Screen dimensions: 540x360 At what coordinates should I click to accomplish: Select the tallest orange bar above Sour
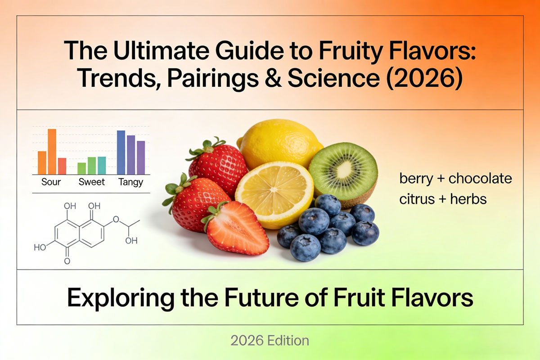click(52, 152)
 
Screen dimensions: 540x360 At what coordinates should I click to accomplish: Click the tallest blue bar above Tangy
click(121, 153)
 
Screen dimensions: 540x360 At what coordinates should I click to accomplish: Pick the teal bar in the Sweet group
click(102, 166)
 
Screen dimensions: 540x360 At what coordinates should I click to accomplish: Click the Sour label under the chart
click(51, 182)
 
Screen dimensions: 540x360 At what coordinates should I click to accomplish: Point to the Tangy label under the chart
click(130, 182)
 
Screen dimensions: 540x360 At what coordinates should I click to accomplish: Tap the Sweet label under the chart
click(92, 182)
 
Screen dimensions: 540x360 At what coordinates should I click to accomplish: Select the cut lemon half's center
click(274, 189)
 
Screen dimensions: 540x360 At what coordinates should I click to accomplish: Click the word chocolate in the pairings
click(480, 179)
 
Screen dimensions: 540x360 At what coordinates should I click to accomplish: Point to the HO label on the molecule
click(40, 247)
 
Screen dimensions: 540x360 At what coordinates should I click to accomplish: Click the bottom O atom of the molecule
click(67, 261)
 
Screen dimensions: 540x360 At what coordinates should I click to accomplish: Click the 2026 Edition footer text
click(270, 341)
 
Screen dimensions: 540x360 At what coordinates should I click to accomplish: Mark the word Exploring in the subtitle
click(121, 299)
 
